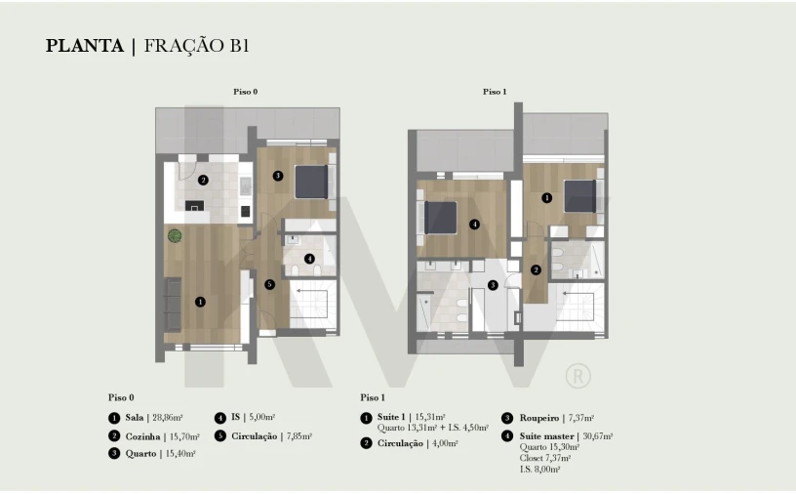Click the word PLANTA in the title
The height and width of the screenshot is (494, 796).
(85, 46)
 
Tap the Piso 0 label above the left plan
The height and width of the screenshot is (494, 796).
(246, 92)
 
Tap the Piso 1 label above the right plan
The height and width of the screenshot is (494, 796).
(495, 92)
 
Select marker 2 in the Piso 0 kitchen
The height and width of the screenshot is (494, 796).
(203, 180)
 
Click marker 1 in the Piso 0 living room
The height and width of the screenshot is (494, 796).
(201, 302)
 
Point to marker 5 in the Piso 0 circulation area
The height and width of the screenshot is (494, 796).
(269, 285)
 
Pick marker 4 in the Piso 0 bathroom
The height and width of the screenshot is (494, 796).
(309, 259)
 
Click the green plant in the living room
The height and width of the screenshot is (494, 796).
(175, 236)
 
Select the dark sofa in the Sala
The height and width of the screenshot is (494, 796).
(173, 305)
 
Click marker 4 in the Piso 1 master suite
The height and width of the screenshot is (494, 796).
(474, 225)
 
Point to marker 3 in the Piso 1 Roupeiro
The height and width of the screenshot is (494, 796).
(493, 285)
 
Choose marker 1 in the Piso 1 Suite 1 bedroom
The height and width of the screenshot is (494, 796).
(546, 198)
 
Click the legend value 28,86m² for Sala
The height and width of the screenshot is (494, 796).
(168, 418)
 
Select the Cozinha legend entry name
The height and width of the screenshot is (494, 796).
(142, 436)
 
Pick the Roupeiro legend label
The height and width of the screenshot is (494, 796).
(539, 418)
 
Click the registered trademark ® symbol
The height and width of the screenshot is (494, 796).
(578, 376)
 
